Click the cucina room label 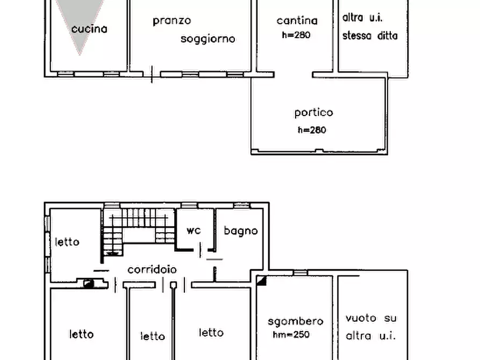pos(89,29)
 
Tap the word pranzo pos(171,21)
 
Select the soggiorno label pos(208,39)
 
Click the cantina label pos(297,21)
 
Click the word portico pos(313,113)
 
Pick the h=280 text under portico pos(312,130)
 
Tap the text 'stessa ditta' pos(370,36)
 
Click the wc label pos(194,231)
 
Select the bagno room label pos(241,231)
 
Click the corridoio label pos(152,270)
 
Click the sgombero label pos(296,321)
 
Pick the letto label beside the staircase pos(67,242)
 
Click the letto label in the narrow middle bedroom pos(153,336)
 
